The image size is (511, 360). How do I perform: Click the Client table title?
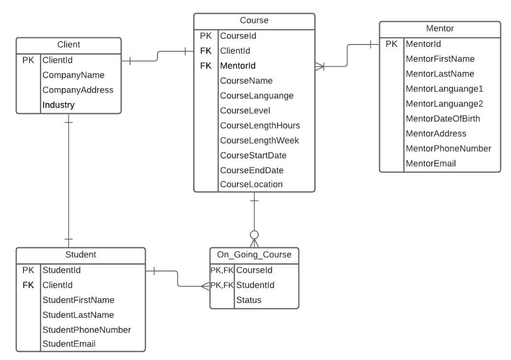[x=68, y=45]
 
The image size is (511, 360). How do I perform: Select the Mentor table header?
[x=440, y=28]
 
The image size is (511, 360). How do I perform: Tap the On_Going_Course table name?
[x=254, y=254]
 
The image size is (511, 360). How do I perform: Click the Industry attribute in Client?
[x=58, y=105]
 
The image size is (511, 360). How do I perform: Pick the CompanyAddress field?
[x=78, y=90]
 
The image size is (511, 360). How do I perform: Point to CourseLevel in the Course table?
[x=245, y=111]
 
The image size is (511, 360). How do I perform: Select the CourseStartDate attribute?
[x=253, y=155]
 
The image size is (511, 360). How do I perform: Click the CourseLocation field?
[x=251, y=184]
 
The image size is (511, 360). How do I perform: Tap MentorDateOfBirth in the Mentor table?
[x=443, y=119]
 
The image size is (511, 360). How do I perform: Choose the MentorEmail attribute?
[x=431, y=163]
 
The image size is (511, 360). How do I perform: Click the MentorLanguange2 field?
[x=444, y=104]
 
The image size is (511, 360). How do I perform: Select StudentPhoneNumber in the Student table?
[x=87, y=330]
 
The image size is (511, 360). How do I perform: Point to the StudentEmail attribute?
[x=69, y=344]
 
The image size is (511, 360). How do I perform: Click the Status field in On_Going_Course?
[x=249, y=300]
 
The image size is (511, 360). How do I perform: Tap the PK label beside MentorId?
[x=391, y=44]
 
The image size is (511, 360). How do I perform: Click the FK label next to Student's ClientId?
[x=28, y=285]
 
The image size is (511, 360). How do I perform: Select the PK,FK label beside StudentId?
[x=222, y=285]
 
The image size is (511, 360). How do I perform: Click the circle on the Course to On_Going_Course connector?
[x=254, y=235]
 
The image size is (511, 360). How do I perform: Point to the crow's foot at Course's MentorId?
[x=320, y=67]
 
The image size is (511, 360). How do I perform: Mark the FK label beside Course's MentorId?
[x=206, y=66]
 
